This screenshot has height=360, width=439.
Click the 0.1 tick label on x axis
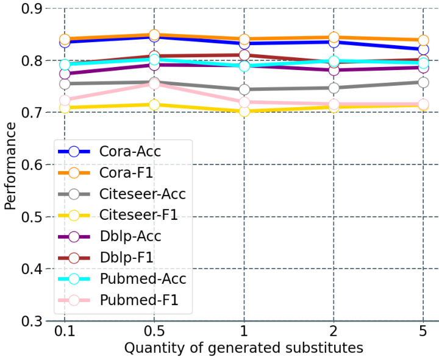[64, 333]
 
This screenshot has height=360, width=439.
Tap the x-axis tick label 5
[424, 333]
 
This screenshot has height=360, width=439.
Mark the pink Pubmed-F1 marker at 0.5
[154, 83]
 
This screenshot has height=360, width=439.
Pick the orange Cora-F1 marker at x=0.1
[65, 40]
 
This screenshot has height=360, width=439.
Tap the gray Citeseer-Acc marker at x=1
[244, 90]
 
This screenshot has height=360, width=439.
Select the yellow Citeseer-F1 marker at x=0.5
[154, 105]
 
